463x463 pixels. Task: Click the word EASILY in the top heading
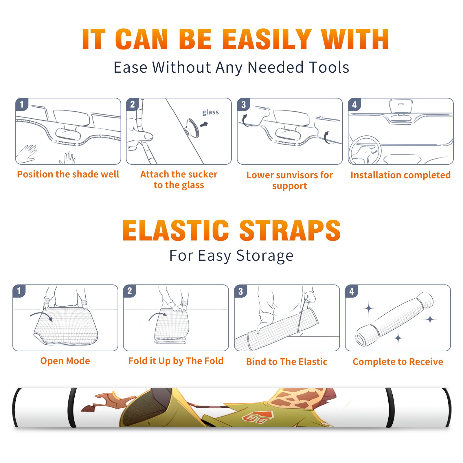tap(267, 40)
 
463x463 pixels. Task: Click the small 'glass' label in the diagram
tap(210, 112)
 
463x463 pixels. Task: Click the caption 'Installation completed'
tap(400, 175)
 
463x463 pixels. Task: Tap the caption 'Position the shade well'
tap(68, 174)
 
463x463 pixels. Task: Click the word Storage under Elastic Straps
tap(265, 256)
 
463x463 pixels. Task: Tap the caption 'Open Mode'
tap(65, 361)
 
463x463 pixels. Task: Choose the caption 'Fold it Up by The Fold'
tap(176, 361)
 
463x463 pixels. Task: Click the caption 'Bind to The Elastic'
tap(287, 362)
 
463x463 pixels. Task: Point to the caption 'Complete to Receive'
tap(398, 362)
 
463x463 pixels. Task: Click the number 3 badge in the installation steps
tap(243, 105)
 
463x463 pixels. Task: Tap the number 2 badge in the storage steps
tap(129, 291)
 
